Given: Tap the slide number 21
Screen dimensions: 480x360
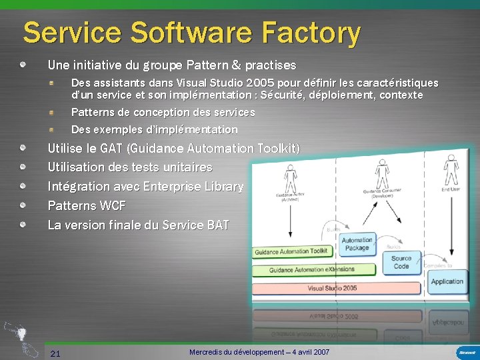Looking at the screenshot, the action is point(55,353).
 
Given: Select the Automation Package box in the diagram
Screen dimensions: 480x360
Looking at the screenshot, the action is point(357,244).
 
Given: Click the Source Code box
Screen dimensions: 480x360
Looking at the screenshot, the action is point(401,263).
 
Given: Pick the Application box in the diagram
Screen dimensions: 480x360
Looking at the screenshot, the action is point(447,281).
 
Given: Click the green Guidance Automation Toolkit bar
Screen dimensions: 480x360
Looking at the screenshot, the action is point(292,251).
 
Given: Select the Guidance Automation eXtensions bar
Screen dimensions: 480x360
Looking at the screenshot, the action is point(312,270).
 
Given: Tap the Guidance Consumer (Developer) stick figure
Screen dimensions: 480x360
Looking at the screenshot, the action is point(382,171).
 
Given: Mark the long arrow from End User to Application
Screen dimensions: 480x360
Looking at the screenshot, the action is point(451,227).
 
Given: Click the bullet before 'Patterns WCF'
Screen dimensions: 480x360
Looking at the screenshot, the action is point(23,205).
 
